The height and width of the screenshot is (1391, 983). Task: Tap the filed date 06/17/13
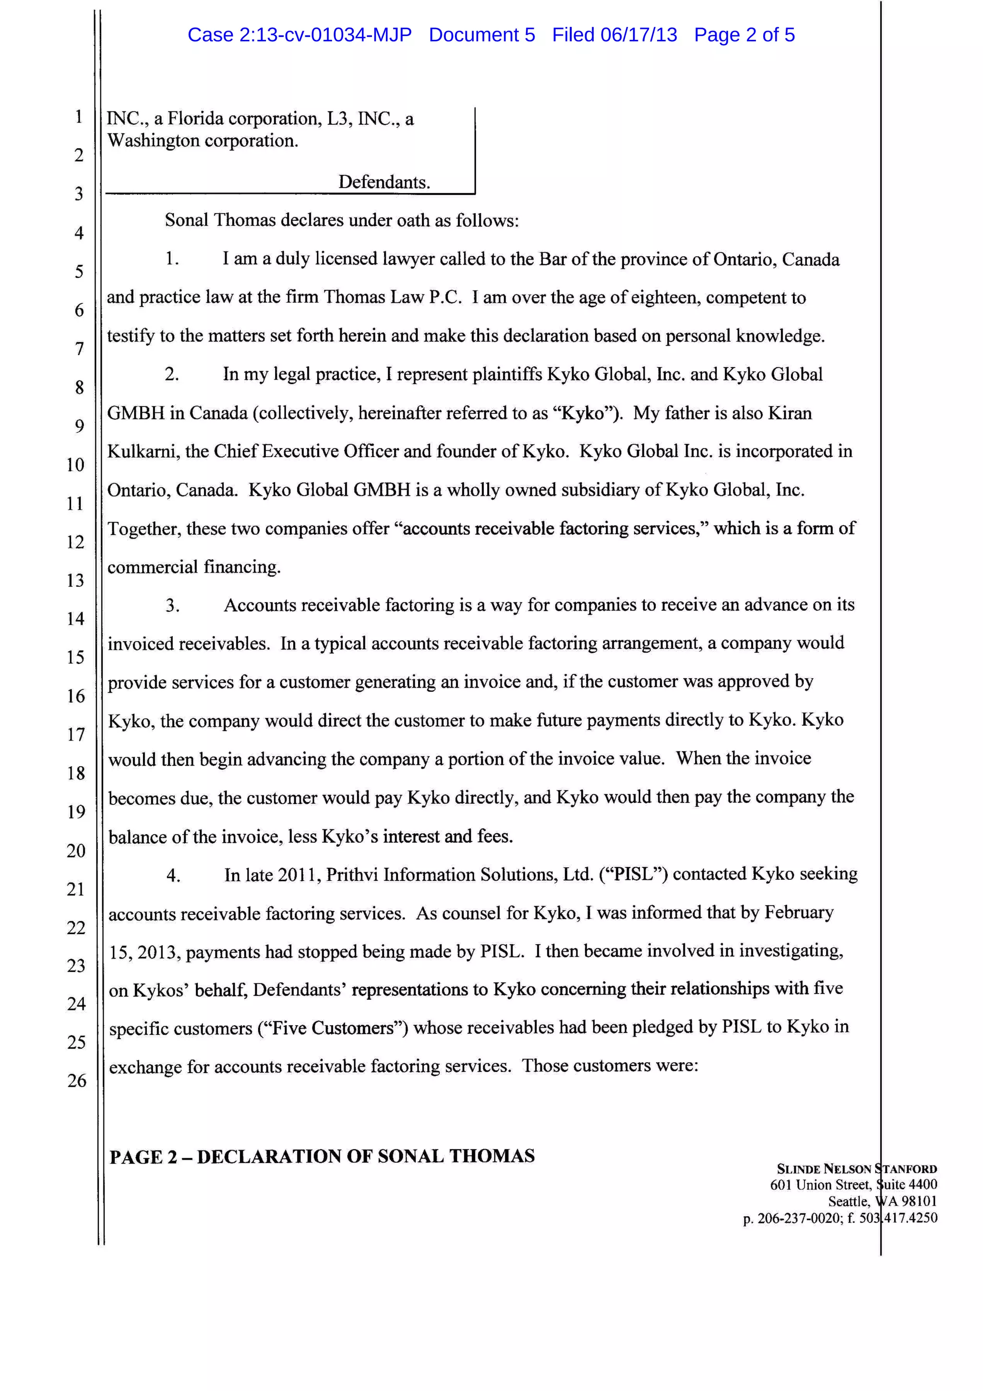click(638, 35)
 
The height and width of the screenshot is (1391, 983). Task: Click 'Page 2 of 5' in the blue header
click(744, 35)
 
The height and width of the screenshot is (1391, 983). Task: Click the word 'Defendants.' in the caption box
click(384, 182)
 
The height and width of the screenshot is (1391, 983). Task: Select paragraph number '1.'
click(172, 259)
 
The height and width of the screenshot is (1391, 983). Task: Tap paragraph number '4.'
click(173, 875)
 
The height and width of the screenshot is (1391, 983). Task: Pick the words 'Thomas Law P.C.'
click(393, 298)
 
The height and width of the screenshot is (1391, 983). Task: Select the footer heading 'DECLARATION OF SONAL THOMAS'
click(365, 1156)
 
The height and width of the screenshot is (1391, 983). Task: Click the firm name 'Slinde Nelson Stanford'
click(856, 1169)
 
